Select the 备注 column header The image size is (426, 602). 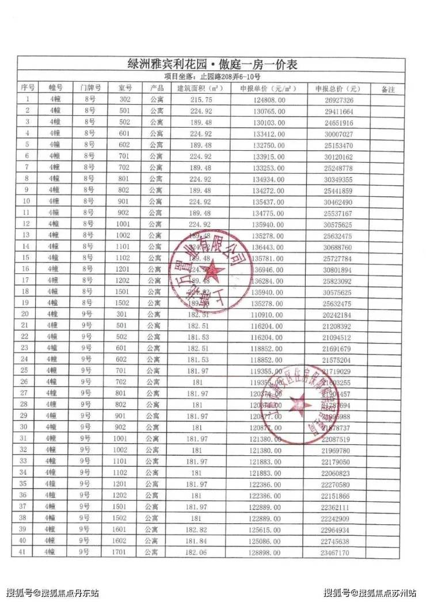388,89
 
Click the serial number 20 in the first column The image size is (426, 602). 25,314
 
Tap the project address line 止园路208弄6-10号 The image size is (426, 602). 212,77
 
